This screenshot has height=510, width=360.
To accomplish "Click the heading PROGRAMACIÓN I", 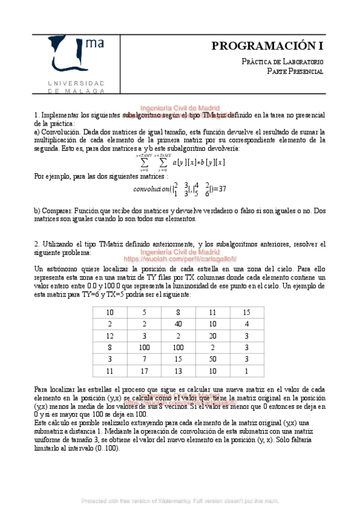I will pos(268,46).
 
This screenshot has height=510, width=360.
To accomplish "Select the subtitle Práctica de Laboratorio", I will pos(282,62).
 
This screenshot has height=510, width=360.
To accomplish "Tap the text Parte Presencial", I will pos(295,72).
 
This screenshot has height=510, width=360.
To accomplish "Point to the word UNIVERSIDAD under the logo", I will pos(76,82).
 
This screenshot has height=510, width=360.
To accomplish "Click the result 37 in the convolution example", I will pos(221,189).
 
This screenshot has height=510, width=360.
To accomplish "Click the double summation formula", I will pos(182,162).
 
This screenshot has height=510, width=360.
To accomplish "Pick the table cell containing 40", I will pos(178,324).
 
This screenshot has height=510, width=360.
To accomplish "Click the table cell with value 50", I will pos(213,359).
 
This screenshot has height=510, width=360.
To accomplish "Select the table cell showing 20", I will pos(213,336).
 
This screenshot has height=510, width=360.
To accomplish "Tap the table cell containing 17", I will pos(144,370).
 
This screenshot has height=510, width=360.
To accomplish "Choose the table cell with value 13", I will pos(178,370).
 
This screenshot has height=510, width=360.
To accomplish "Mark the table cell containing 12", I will pos(109,336).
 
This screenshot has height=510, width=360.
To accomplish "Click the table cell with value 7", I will pos(144,359).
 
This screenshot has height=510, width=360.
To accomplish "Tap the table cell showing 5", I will pos(144,313).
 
